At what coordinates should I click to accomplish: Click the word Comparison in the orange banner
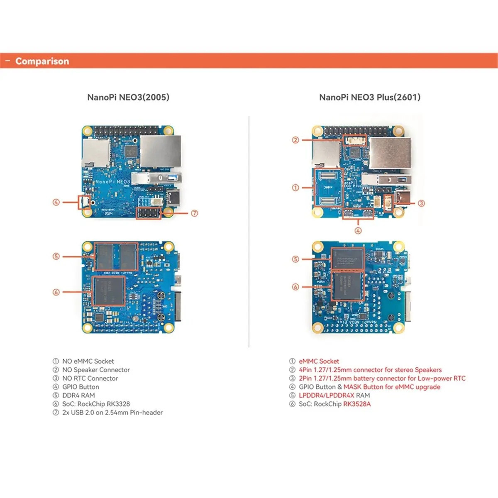point(42,61)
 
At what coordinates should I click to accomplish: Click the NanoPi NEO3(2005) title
point(128,97)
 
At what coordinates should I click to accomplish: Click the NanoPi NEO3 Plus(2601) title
point(370,97)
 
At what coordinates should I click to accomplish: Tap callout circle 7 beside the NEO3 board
point(195,213)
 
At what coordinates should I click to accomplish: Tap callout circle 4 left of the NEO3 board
point(56,203)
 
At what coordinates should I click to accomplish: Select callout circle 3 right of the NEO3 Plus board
point(421,203)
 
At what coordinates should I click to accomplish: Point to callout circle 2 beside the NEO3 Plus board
point(295,140)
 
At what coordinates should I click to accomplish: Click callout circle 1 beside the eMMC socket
point(295,188)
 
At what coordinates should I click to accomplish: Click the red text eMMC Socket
point(319,361)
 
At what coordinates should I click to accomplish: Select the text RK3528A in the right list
point(357,404)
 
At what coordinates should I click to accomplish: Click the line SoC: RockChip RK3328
point(96,404)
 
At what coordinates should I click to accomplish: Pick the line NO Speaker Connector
point(96,370)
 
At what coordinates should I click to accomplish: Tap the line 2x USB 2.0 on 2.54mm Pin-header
point(112,413)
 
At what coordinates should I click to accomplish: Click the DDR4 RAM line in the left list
point(78,395)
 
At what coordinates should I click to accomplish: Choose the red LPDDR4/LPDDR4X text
point(326,395)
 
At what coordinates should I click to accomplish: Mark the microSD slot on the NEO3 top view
point(96,151)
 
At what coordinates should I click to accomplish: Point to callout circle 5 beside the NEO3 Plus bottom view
point(295,259)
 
